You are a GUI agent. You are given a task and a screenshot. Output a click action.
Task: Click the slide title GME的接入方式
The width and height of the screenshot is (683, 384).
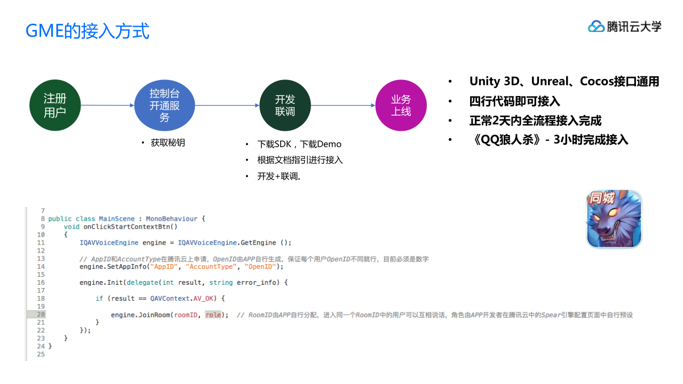coord(88,31)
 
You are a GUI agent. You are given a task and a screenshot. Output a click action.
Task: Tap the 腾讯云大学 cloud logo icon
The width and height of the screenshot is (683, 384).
coord(596,26)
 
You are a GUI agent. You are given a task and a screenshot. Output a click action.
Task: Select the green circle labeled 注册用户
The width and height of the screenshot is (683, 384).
coord(55,106)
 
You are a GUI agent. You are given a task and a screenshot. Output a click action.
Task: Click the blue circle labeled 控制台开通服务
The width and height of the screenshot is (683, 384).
coord(164,106)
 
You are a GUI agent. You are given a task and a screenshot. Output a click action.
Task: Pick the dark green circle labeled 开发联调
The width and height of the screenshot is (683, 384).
coord(285,106)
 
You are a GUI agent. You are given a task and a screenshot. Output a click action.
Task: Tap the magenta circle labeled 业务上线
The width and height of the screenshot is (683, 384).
coord(401,106)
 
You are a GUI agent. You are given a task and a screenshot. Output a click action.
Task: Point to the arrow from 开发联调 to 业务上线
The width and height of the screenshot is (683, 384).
coord(343,106)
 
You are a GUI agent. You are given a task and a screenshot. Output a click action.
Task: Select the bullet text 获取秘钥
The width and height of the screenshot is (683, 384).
coord(168,143)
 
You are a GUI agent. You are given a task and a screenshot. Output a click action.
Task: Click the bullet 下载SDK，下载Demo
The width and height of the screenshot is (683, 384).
coord(299,144)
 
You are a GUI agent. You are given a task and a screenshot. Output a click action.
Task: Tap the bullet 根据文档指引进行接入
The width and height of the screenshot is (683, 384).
coord(300,160)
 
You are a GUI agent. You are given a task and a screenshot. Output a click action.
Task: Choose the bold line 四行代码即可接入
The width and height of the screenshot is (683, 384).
coord(514,101)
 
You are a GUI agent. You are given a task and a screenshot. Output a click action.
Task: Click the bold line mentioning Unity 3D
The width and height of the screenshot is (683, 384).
coord(564,82)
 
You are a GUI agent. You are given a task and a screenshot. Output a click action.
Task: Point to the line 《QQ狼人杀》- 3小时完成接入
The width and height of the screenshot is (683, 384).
coord(550,140)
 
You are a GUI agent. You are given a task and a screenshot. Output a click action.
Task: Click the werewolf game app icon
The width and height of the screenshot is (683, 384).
coord(614,219)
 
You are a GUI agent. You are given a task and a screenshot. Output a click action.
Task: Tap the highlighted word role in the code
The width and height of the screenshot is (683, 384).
coord(213,315)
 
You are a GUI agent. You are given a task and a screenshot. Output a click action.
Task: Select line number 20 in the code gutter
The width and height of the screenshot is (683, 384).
coord(41,315)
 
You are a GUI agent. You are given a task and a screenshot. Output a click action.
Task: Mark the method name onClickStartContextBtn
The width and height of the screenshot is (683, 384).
coord(130,227)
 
